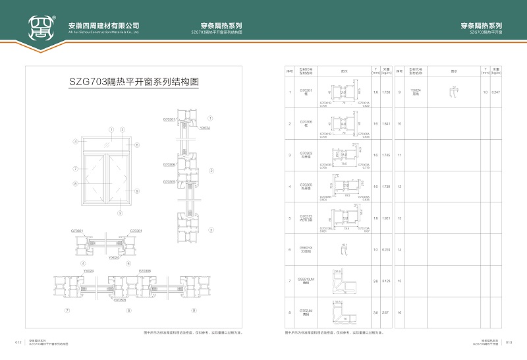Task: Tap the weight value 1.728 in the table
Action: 387,92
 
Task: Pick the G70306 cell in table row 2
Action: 305,123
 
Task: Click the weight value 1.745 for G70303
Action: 387,155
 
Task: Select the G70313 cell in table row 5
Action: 305,218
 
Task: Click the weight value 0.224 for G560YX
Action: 387,250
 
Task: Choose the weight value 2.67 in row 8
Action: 387,313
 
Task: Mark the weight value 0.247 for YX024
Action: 496,92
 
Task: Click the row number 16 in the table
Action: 400,313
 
